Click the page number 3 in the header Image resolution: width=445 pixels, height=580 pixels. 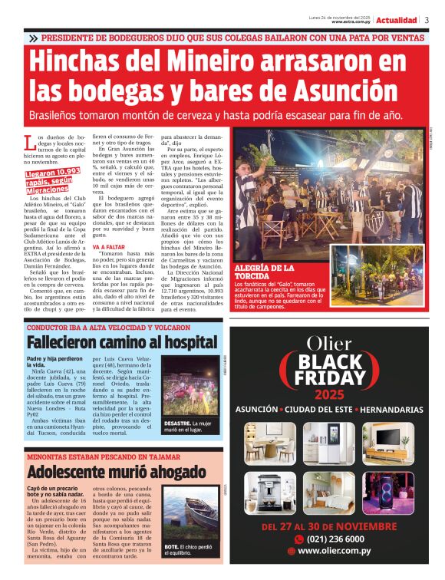click(427, 20)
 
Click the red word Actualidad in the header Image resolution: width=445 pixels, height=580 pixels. click(397, 20)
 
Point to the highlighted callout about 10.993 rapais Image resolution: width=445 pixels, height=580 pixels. click(57, 182)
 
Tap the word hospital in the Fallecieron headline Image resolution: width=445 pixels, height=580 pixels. click(180, 342)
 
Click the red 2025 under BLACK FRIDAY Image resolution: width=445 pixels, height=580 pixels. click(330, 394)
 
